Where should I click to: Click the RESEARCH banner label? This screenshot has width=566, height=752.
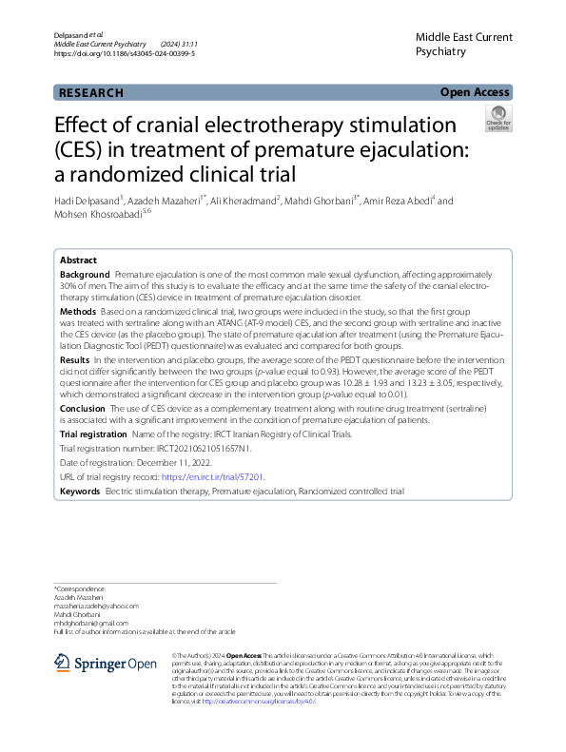click(91, 93)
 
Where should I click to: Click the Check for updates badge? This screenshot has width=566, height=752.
click(498, 119)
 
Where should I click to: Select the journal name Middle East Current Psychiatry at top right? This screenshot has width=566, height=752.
click(463, 45)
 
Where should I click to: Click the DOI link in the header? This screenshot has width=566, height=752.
click(125, 54)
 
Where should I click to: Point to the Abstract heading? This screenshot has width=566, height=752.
click(78, 260)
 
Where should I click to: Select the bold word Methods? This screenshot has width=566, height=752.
click(78, 311)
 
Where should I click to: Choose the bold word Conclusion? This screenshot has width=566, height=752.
click(82, 407)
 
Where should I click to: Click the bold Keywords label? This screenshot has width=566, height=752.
click(80, 492)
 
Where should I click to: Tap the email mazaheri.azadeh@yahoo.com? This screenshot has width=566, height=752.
click(96, 606)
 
